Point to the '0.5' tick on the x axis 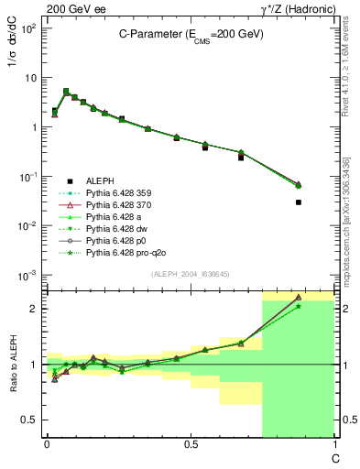tap(190, 443)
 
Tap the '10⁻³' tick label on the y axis tap(28, 275)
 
